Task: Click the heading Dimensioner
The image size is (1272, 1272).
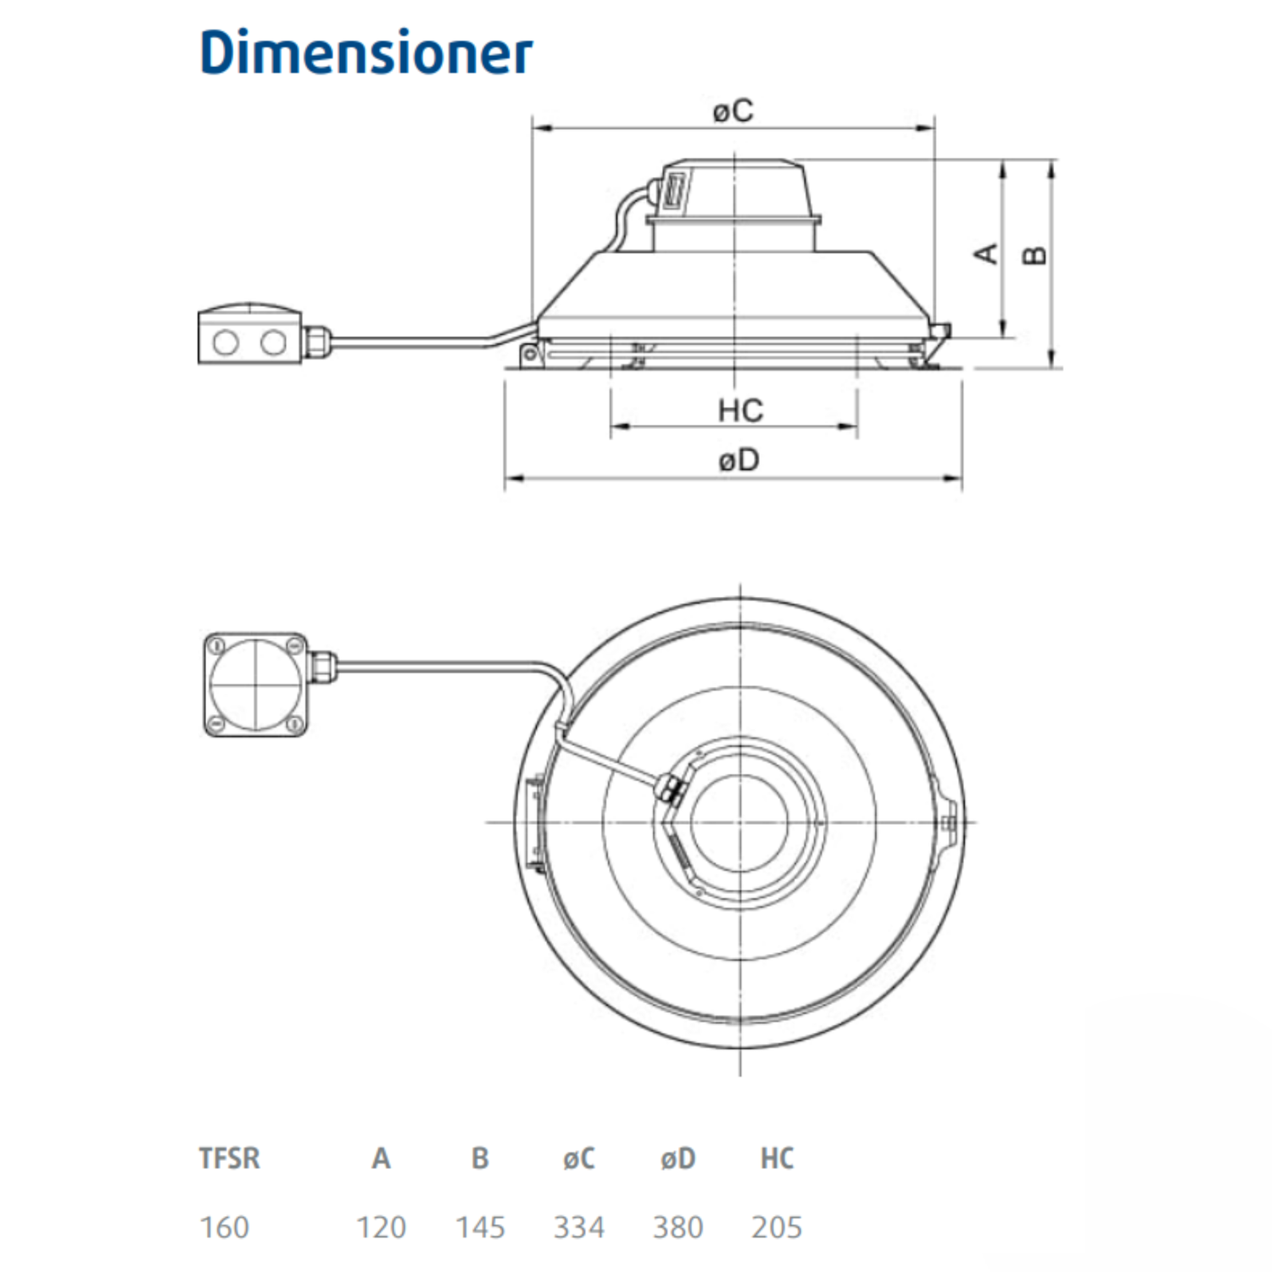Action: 365,53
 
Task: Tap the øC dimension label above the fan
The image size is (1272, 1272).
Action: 733,110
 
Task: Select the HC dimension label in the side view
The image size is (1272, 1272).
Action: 739,410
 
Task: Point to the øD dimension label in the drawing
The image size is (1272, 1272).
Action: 739,460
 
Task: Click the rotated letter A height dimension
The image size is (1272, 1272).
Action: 986,253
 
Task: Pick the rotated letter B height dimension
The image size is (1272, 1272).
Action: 1035,254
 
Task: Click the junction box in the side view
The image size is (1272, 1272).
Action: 249,336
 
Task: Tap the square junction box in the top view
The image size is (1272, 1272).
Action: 255,684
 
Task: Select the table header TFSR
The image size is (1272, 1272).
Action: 229,1158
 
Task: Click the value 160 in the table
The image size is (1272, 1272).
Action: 225,1227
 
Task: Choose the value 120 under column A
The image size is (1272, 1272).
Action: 381,1227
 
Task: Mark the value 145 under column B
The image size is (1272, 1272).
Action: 480,1227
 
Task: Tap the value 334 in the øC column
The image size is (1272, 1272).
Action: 579,1227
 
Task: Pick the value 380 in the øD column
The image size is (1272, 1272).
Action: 678,1227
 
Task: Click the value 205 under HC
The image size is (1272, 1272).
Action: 777,1227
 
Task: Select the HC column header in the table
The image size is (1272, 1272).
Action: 777,1158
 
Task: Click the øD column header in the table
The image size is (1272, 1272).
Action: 678,1158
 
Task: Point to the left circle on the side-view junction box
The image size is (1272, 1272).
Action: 226,343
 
